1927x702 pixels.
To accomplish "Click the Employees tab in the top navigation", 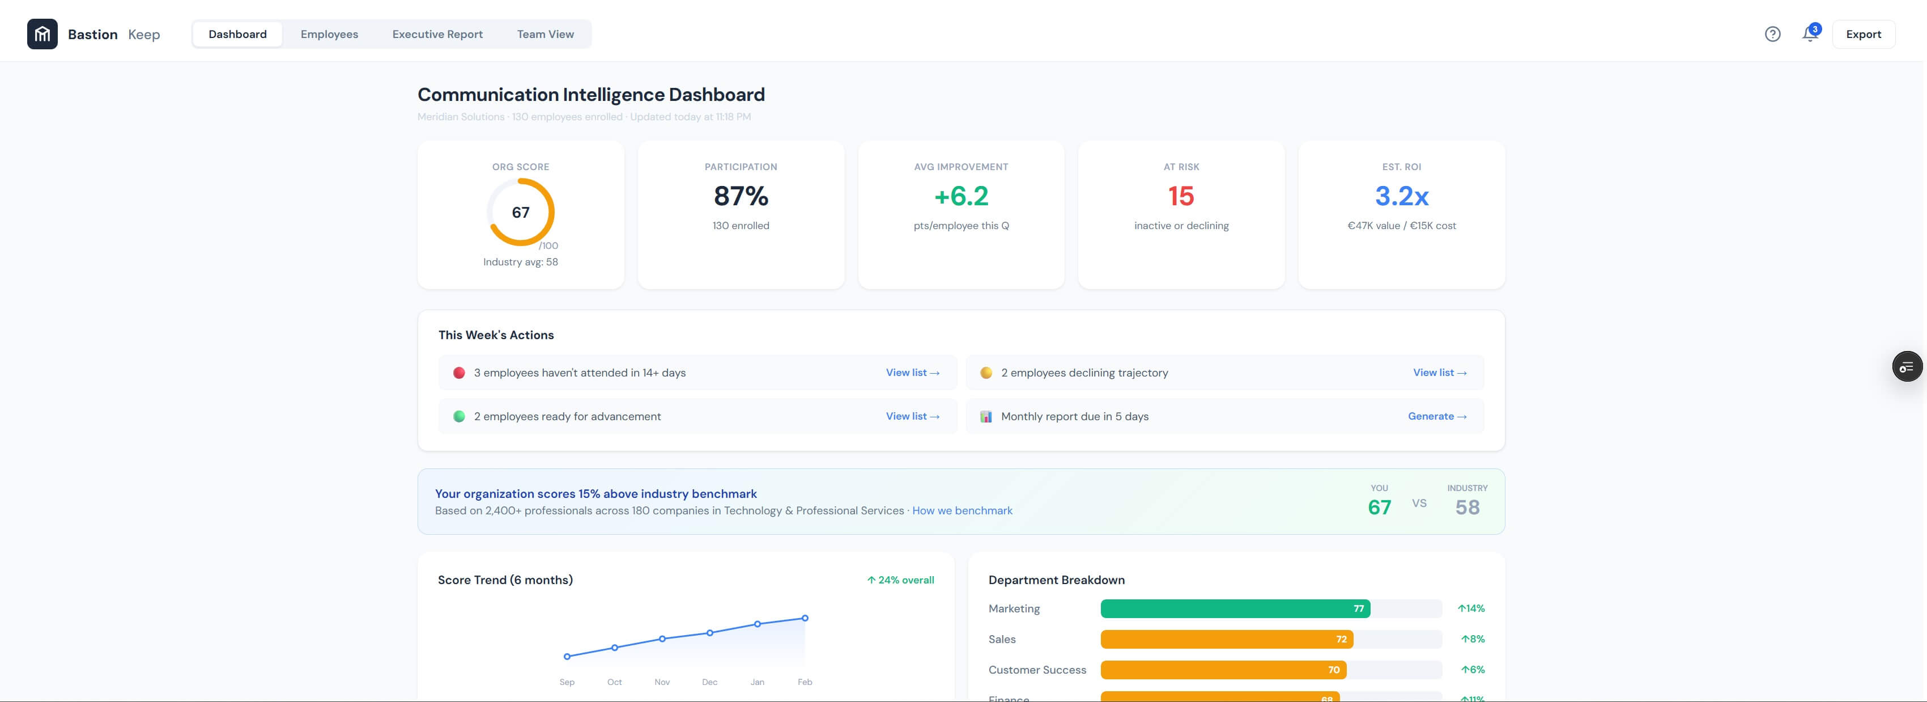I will tap(329, 35).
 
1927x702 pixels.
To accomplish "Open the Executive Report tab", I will tap(437, 35).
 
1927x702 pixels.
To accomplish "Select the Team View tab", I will tap(545, 35).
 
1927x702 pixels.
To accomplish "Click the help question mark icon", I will tap(1772, 35).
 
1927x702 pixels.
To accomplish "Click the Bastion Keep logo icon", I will tap(42, 35).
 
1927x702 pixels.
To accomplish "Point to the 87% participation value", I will tap(741, 196).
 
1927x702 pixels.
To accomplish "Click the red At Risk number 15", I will tap(1180, 196).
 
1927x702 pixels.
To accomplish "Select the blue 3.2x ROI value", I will tap(1401, 196).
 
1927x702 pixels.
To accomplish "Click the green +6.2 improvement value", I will tap(960, 196).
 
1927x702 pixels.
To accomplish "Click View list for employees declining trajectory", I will tap(1439, 373).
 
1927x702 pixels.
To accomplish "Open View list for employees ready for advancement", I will tap(912, 416).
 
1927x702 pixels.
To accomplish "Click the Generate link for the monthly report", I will tap(1436, 416).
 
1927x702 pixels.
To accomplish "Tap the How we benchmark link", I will tap(962, 510).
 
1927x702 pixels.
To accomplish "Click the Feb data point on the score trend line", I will tap(805, 618).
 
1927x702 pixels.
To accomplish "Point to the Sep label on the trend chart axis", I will tap(567, 682).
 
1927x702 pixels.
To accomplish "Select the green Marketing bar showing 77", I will tap(1234, 608).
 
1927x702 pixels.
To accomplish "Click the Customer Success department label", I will tap(1037, 670).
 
